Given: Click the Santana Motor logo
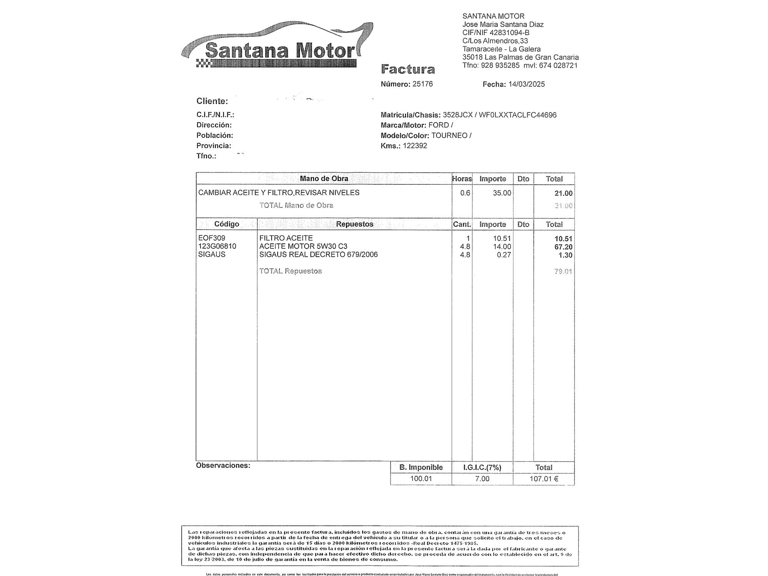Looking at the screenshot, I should (277, 48).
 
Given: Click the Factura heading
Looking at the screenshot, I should (408, 70).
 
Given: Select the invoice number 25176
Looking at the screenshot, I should (422, 84).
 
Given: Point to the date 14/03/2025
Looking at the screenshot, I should (526, 84).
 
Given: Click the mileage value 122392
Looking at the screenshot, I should (415, 146).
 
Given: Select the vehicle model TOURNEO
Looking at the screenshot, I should (449, 136).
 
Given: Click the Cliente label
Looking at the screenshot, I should (212, 101).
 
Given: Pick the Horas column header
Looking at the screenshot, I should (462, 179).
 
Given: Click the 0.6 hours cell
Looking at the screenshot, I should (465, 193).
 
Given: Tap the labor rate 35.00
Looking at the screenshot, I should (502, 193).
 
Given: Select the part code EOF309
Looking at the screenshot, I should (212, 238).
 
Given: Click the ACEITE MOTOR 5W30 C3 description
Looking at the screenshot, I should (303, 247).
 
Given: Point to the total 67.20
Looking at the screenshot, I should (563, 247).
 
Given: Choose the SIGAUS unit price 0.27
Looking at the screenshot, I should (504, 255).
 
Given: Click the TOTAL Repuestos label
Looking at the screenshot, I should (290, 271).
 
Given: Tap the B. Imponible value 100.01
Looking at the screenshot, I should (421, 479).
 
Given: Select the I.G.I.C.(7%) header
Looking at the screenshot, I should (482, 468).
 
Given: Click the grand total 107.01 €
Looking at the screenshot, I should (544, 479).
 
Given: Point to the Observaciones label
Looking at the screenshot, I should (223, 466).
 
